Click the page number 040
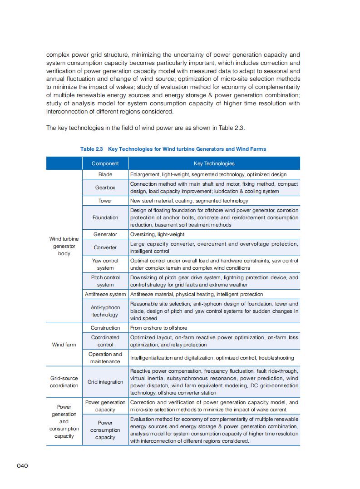23,465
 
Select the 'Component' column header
105,163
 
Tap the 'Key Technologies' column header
214,163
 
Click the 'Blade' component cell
105,174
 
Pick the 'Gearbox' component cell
105,188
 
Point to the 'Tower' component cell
105,201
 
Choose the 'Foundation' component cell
105,217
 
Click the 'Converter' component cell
105,247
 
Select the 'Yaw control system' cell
105,264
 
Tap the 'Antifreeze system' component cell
105,294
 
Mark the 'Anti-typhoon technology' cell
105,311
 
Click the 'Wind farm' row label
64,345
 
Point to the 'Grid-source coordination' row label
64,382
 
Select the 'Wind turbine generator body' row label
64,246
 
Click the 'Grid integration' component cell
105,382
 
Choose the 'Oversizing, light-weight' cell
157,234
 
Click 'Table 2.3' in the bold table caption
92,149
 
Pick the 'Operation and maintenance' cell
105,358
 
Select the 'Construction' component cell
105,328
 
